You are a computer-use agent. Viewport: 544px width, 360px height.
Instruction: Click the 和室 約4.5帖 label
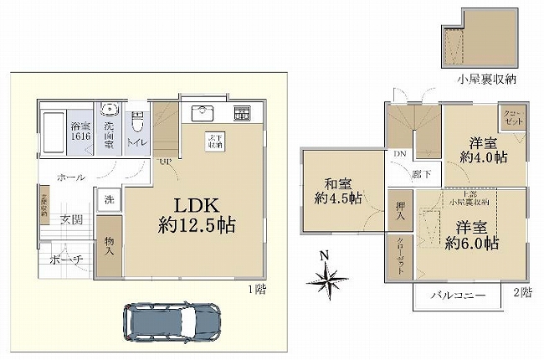pyautogui.click(x=333, y=191)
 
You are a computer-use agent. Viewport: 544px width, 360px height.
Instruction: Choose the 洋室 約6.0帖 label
pyautogui.click(x=472, y=235)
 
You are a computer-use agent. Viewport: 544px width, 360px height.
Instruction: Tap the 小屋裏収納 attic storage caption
pyautogui.click(x=485, y=80)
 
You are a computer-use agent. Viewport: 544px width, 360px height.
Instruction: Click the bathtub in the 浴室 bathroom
pyautogui.click(x=54, y=133)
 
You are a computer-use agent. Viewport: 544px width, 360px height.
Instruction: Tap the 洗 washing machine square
pyautogui.click(x=107, y=201)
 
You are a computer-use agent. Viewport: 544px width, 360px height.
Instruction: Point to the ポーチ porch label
pyautogui.click(x=66, y=260)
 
